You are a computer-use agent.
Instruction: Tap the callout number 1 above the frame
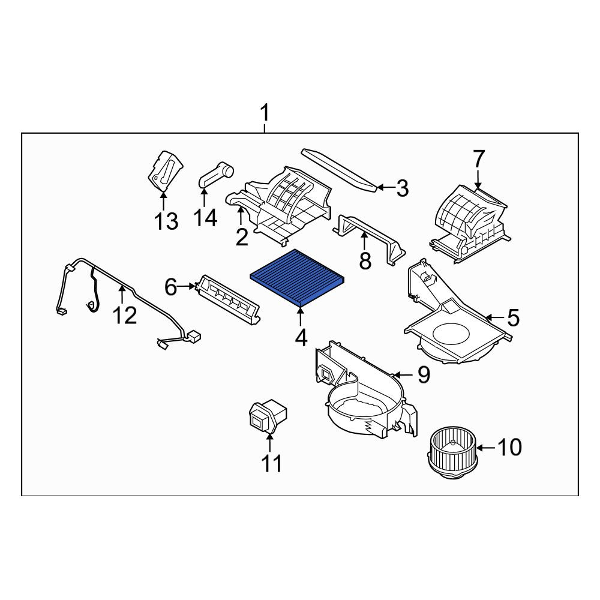[265, 113]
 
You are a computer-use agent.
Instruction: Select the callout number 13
[166, 221]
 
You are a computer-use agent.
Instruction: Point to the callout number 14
[205, 218]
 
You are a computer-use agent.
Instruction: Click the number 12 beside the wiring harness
[125, 316]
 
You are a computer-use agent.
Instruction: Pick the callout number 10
[509, 446]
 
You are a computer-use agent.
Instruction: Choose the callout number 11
[271, 463]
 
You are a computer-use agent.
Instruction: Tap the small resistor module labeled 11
[268, 417]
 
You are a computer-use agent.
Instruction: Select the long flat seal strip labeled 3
[340, 170]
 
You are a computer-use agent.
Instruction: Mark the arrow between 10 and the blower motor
[486, 448]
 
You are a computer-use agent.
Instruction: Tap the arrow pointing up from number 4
[301, 317]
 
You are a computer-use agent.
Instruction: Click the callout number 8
[365, 261]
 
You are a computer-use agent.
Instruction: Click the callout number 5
[513, 318]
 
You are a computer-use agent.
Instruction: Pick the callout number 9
[424, 374]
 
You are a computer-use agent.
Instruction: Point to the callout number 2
[242, 237]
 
